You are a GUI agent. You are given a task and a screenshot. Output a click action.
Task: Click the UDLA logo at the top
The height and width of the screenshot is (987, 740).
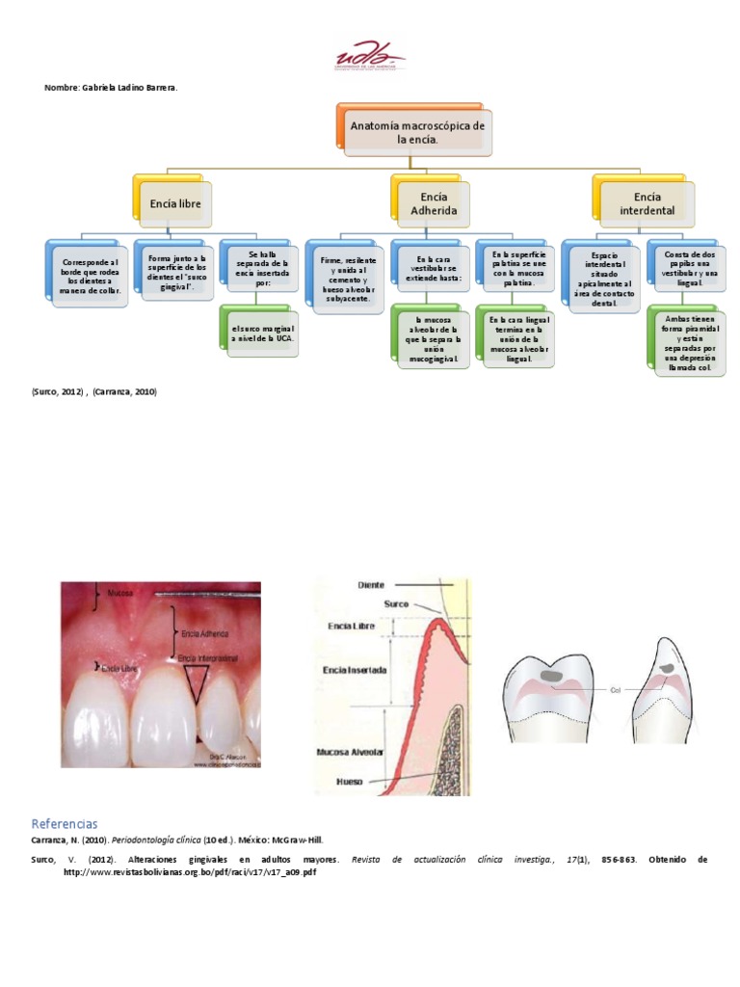[x=370, y=56]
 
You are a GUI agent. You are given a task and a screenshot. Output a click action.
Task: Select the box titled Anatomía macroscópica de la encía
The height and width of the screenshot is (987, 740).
[x=417, y=132]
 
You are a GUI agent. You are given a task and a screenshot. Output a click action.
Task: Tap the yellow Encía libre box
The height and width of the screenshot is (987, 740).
[x=174, y=203]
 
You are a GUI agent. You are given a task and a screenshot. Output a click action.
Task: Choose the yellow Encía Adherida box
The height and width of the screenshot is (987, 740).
[x=434, y=203]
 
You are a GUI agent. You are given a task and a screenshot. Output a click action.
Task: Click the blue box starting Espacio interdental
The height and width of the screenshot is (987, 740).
[x=604, y=279]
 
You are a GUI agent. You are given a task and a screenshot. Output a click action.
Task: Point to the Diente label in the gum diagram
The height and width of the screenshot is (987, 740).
[x=372, y=584]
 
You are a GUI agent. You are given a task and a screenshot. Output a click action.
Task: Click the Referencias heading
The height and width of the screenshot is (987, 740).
[x=65, y=825]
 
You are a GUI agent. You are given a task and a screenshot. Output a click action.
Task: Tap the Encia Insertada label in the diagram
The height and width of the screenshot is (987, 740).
[x=357, y=669]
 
